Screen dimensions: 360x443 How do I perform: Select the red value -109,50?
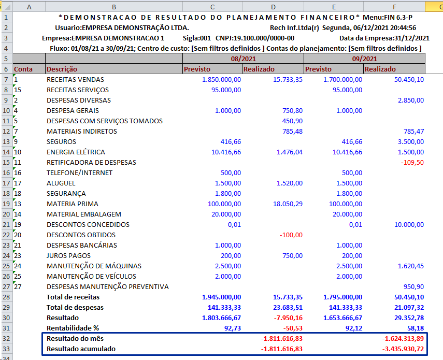pyautogui.click(x=412, y=162)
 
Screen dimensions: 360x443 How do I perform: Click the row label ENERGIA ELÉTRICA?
pyautogui.click(x=76, y=152)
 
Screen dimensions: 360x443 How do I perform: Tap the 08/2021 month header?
pyautogui.click(x=243, y=59)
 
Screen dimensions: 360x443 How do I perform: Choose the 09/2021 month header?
pyautogui.click(x=364, y=59)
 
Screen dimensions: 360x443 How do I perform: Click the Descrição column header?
pyautogui.click(x=62, y=69)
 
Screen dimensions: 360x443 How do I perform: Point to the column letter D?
pyautogui.click(x=273, y=6)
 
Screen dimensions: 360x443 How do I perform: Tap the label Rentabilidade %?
pyautogui.click(x=73, y=328)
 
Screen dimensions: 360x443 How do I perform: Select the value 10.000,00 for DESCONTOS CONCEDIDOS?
pyautogui.click(x=408, y=224)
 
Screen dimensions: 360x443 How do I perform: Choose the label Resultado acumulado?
pyautogui.click(x=81, y=349)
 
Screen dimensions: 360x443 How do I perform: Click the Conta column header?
pyautogui.click(x=23, y=69)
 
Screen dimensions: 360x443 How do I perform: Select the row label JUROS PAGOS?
pyautogui.click(x=68, y=255)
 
